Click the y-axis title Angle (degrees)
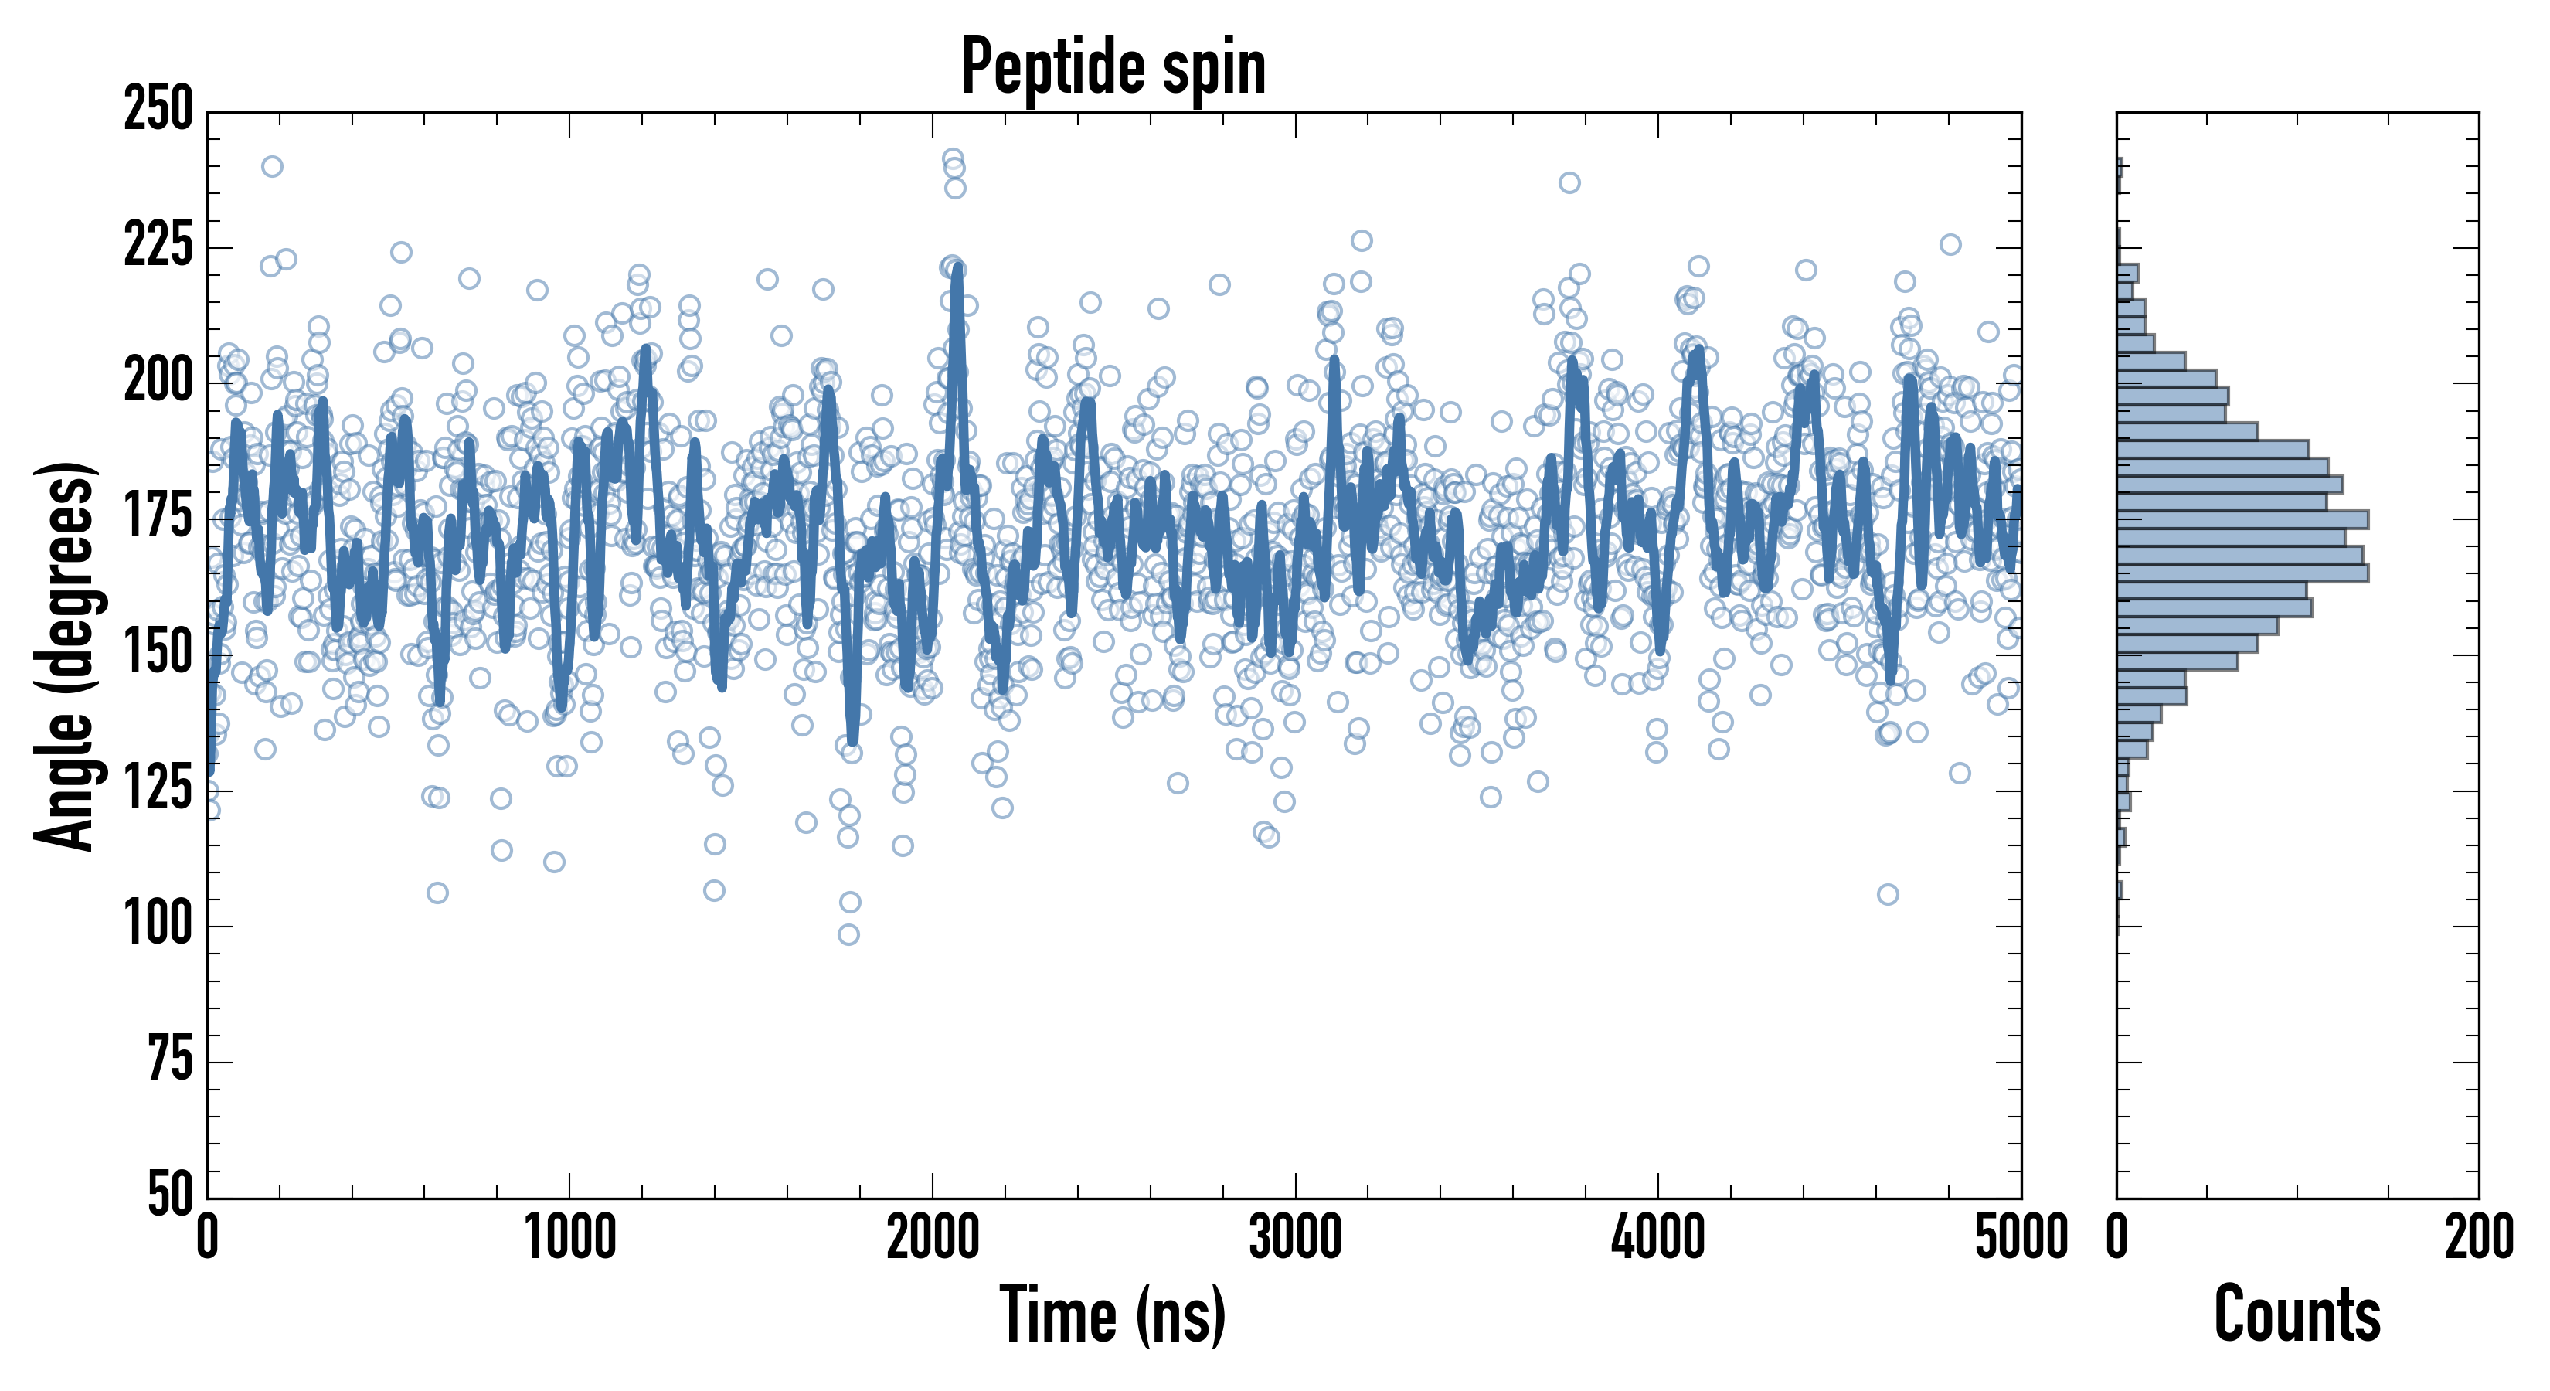(x=66, y=655)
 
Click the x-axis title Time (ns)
(x=1113, y=1314)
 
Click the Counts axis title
(x=2297, y=1314)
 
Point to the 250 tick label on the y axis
(x=158, y=109)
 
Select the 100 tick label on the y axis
(x=158, y=925)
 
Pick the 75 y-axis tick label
(x=170, y=1060)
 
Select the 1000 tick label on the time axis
(x=570, y=1237)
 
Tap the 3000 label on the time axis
(x=1295, y=1237)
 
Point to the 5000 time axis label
(x=2021, y=1237)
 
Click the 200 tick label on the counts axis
(x=2479, y=1237)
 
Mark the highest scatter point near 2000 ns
(x=952, y=158)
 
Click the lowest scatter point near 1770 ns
(x=848, y=934)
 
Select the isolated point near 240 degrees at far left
(x=272, y=166)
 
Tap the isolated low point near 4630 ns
(x=1888, y=895)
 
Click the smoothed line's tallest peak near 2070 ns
(x=957, y=269)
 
